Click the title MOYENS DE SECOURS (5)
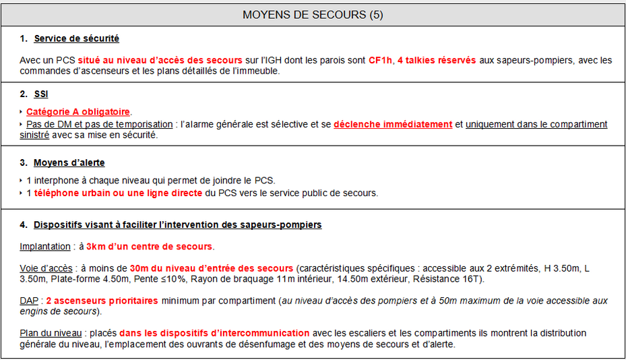point(313,15)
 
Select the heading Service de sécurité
point(76,38)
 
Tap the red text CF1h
point(379,60)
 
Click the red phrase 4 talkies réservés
point(437,60)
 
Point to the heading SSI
point(41,94)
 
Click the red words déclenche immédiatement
point(393,124)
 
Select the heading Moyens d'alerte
point(69,162)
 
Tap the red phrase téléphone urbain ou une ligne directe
point(118,193)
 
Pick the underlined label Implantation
point(45,246)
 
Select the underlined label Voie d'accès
point(46,268)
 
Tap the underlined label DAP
point(29,301)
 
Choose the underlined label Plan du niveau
point(49,333)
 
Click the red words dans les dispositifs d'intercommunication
point(214,333)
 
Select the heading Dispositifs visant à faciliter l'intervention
point(178,224)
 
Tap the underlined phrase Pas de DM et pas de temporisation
point(100,124)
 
